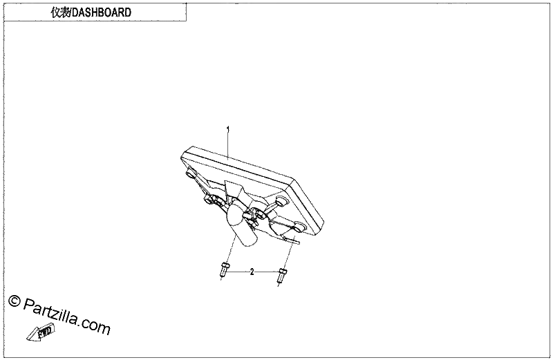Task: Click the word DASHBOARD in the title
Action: [x=102, y=12]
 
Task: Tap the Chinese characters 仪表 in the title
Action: [x=61, y=12]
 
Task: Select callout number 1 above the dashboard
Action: [x=228, y=129]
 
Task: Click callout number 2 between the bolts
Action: [x=252, y=272]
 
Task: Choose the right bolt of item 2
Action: [x=282, y=275]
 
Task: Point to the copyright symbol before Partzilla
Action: [x=14, y=301]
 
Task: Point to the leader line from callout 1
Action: [x=228, y=146]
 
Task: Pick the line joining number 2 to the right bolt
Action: [x=266, y=272]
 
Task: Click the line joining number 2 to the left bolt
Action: [x=238, y=272]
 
